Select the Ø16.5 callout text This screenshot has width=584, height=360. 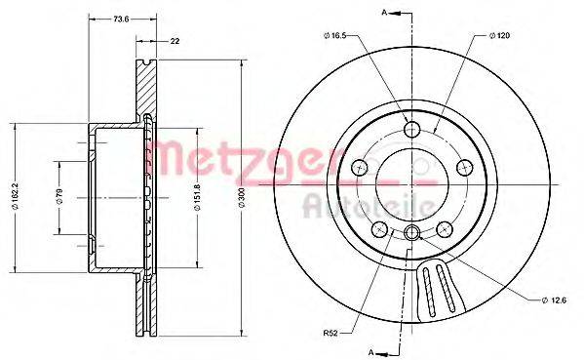tap(333, 37)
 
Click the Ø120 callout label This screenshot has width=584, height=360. tap(498, 37)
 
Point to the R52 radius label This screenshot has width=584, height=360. tap(331, 332)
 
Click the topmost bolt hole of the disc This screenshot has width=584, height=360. tap(411, 129)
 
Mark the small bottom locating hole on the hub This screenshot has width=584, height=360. tap(411, 232)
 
